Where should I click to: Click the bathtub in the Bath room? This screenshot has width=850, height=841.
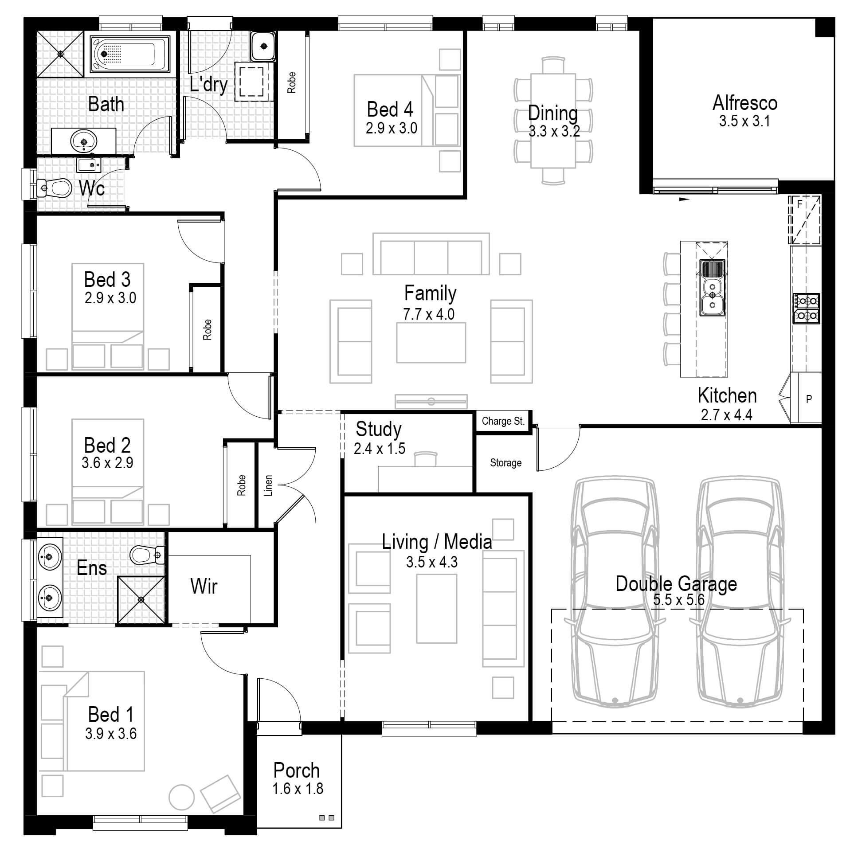pos(130,54)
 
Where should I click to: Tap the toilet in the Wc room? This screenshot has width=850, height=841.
pos(56,188)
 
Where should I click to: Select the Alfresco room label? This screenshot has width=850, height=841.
pos(744,103)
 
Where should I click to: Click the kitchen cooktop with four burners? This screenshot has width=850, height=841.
pos(806,308)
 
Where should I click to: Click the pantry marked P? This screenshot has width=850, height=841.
pos(808,399)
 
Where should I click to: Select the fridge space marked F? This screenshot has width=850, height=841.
pos(803,220)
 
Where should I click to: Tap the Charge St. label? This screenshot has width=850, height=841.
pos(503,421)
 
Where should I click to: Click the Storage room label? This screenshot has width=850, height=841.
pos(505,463)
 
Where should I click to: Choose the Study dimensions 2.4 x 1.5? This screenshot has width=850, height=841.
pos(379,449)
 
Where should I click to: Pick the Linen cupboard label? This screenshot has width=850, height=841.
pos(268,485)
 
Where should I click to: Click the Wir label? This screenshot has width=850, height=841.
pos(204,586)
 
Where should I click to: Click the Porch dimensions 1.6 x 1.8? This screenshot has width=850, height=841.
pos(298,789)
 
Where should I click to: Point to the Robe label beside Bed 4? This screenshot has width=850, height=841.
pos(291,82)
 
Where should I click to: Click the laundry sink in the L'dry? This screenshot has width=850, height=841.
pos(263,46)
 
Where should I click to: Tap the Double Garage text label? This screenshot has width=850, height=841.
pos(676,584)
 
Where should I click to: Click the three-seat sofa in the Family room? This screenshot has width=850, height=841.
pos(431,257)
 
